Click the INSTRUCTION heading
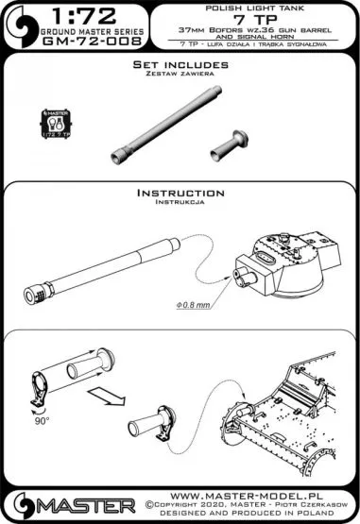click(180, 193)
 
